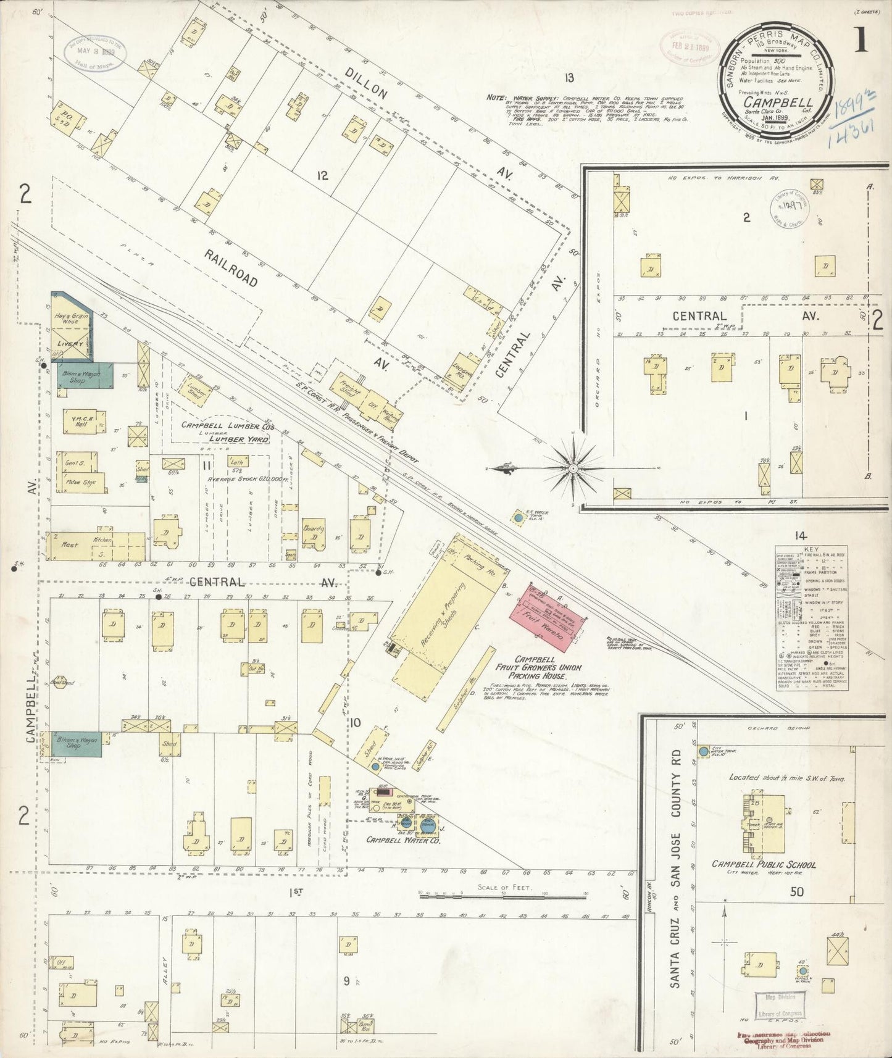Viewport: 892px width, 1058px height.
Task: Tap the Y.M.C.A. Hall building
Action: coord(81,422)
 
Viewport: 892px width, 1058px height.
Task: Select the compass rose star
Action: coord(573,469)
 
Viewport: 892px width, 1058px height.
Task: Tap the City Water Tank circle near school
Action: coord(704,752)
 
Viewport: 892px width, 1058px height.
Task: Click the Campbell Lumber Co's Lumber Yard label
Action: coord(225,432)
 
